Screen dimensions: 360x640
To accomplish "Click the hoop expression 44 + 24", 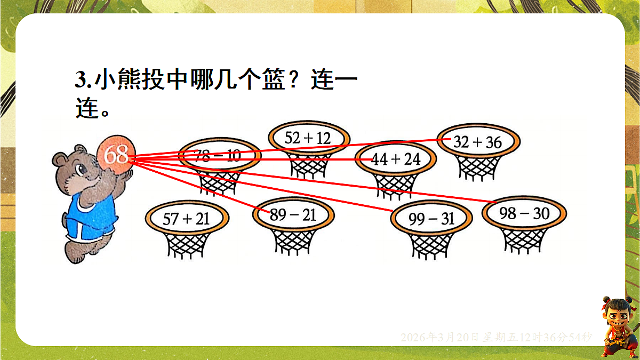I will (396, 159).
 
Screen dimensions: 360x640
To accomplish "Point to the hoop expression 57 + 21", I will (187, 218).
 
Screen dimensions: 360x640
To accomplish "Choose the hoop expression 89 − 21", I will (293, 215).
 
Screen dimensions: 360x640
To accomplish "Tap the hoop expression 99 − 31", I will (431, 219).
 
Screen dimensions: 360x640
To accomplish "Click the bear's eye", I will (81, 170).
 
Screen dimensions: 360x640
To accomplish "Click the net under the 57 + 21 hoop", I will (187, 245).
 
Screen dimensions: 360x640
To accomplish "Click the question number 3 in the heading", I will (81, 81).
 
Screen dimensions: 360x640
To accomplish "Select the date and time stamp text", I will (496, 337).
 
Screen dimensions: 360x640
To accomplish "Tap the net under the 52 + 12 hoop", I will (308, 164).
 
